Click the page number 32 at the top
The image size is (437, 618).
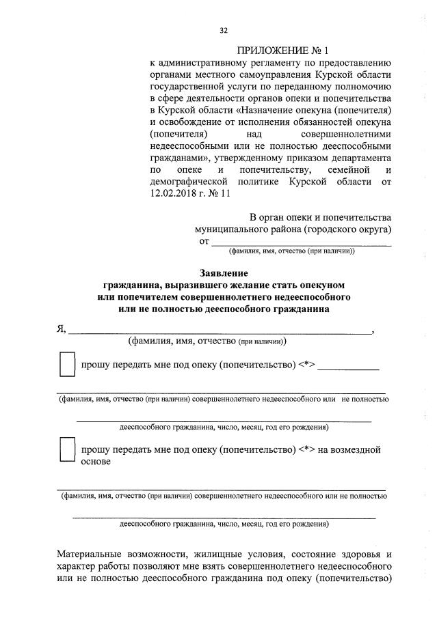click(223, 30)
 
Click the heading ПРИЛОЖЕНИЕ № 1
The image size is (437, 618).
click(282, 51)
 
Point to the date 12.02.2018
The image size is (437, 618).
click(174, 194)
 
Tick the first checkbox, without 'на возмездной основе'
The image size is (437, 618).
click(67, 365)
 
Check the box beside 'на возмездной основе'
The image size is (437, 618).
click(67, 452)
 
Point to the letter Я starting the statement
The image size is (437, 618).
click(60, 328)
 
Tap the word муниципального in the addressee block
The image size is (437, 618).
click(232, 229)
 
